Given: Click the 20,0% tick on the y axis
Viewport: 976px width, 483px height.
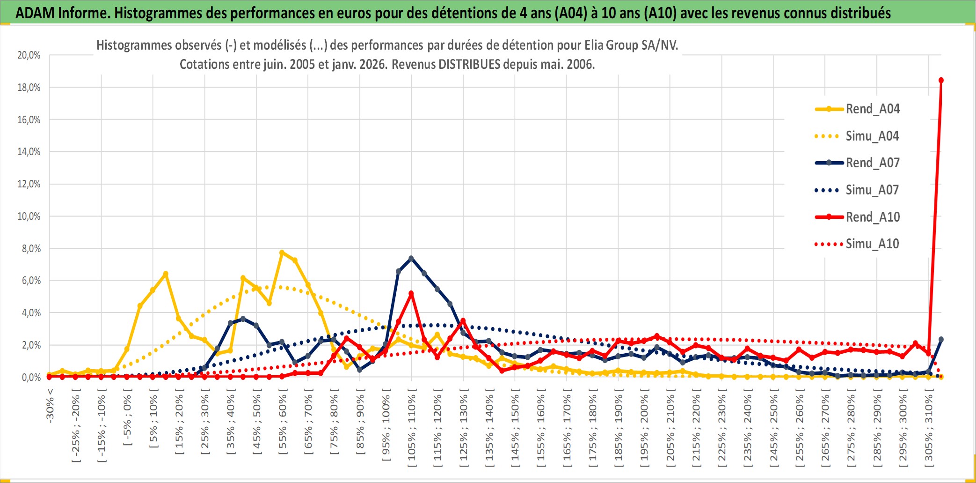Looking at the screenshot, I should (29, 55).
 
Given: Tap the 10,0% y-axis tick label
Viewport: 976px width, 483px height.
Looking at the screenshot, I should (29, 216).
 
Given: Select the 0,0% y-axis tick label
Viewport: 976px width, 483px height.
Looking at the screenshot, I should (31, 378).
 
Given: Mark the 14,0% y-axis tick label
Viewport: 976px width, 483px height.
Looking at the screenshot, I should (29, 152).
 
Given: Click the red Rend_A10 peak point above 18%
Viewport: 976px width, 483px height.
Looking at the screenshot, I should (941, 80).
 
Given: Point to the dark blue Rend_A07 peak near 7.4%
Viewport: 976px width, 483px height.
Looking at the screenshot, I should (411, 258).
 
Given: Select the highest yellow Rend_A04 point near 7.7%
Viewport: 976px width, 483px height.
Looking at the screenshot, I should (282, 253).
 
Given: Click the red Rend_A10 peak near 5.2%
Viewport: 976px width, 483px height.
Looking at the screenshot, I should (411, 293).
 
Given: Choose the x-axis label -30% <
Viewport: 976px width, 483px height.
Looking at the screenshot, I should (50, 405).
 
